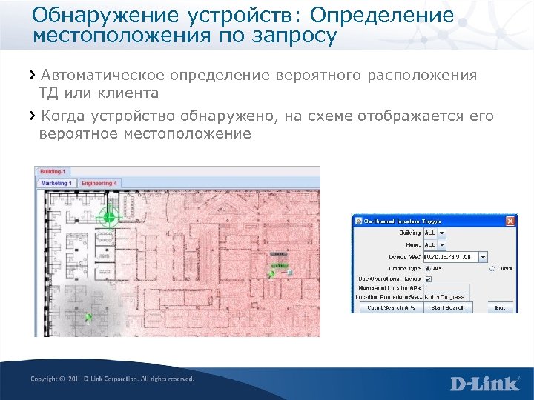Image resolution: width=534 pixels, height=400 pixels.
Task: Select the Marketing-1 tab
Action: point(57,182)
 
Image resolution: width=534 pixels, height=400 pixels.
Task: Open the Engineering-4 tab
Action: point(99,182)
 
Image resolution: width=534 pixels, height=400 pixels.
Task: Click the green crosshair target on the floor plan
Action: point(109,216)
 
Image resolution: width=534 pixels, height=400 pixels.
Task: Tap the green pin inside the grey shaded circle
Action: point(88,317)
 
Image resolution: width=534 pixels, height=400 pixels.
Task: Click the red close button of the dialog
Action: point(510,221)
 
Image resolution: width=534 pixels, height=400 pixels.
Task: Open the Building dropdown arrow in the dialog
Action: point(442,233)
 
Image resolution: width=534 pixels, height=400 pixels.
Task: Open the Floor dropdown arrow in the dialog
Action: point(442,244)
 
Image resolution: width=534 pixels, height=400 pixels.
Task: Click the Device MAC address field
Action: point(450,256)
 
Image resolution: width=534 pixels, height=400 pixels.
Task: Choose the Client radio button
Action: point(491,269)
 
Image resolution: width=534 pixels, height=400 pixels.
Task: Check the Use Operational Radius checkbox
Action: point(428,279)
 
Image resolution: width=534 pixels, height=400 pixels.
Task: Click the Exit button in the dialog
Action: point(501,307)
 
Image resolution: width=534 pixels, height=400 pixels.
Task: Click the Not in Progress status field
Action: point(446,296)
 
